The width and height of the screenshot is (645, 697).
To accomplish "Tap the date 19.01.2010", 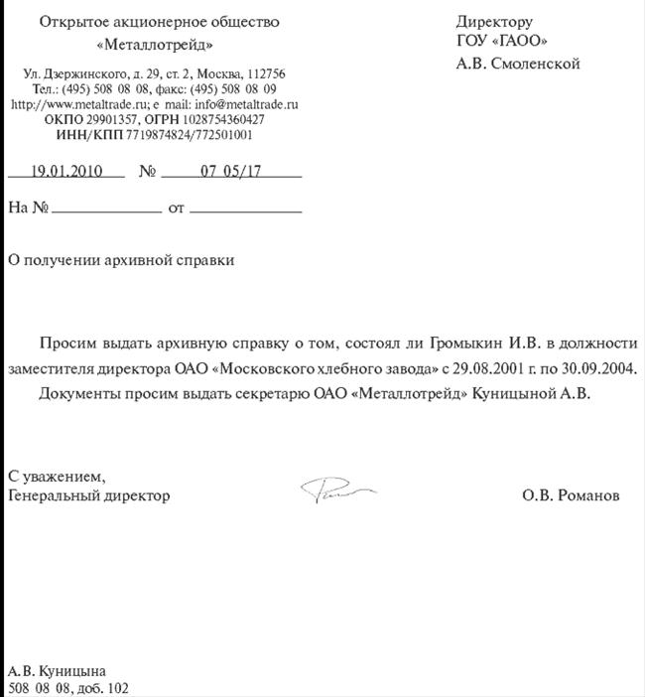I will (x=66, y=170).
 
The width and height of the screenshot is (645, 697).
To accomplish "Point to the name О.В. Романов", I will (x=571, y=494).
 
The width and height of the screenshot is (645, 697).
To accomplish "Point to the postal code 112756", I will (x=265, y=74).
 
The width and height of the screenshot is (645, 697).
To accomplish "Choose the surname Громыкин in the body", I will (x=466, y=344).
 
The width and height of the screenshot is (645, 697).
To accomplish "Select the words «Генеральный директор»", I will (x=88, y=494).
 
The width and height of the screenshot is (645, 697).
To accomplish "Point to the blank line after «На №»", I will (x=105, y=210).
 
